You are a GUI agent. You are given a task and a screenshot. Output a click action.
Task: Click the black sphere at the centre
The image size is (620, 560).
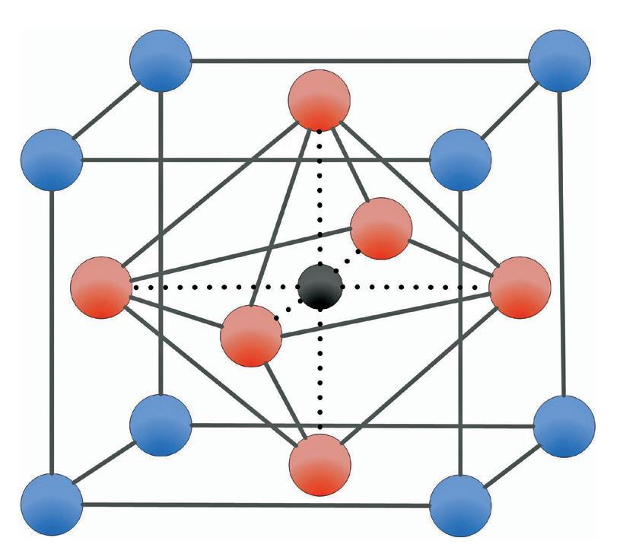point(320,287)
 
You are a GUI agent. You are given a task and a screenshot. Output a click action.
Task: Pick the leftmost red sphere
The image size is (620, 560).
point(100,288)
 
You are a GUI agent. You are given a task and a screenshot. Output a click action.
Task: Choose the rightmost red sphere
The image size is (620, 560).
point(520,288)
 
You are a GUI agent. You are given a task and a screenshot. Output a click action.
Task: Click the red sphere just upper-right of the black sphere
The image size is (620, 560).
point(381,228)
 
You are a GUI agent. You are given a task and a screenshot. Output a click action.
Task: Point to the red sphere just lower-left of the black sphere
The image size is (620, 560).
point(251,336)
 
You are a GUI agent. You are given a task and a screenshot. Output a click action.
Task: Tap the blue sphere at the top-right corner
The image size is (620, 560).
point(559,62)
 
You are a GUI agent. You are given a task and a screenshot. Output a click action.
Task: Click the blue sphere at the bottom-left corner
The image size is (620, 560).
point(52,503)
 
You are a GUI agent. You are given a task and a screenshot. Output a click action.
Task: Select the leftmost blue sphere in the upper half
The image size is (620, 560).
point(52,159)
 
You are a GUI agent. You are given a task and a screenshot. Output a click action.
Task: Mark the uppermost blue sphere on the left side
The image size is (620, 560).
point(160,62)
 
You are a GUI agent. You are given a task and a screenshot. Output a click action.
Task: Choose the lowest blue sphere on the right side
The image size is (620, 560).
point(460,504)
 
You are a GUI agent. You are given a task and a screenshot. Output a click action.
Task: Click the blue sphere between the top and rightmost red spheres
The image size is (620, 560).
point(460,159)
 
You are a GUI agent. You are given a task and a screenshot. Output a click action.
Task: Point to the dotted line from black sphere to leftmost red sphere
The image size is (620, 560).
point(213,288)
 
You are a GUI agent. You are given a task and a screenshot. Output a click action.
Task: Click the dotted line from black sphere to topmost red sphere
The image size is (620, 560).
point(320,198)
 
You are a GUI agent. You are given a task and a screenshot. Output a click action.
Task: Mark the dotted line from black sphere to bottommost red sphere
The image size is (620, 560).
point(320,373)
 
